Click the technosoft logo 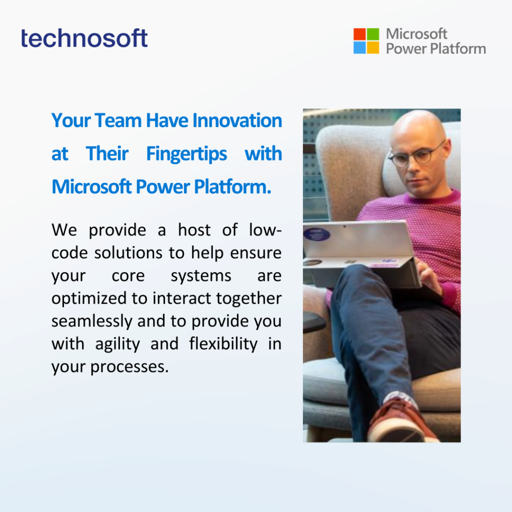[x=84, y=38]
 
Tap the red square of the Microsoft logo [x=359, y=34]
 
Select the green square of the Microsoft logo [x=373, y=34]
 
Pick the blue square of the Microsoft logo [x=359, y=47]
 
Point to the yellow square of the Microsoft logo [x=373, y=47]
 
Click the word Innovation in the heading [x=237, y=120]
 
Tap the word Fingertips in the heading [x=186, y=154]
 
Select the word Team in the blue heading [x=118, y=120]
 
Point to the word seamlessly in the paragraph [x=92, y=321]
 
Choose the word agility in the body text [x=117, y=344]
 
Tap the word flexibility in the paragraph [x=223, y=344]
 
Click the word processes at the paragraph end [x=129, y=367]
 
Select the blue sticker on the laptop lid [x=316, y=234]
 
